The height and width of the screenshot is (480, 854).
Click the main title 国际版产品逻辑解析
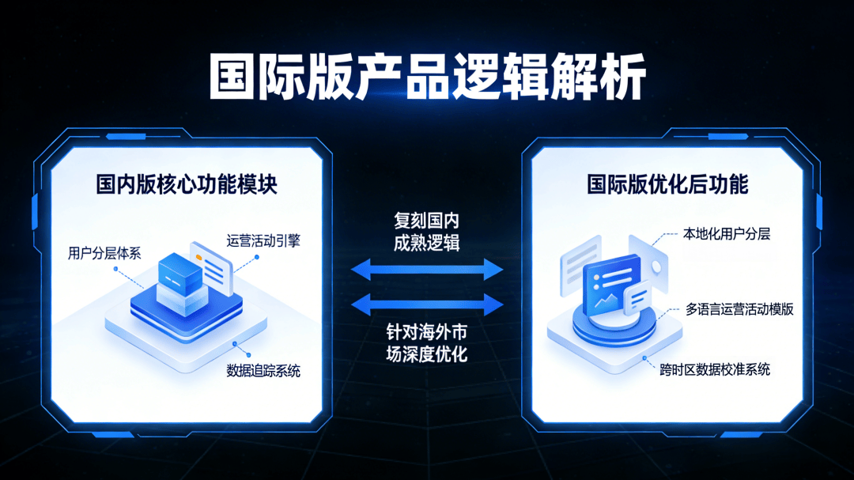click(428, 77)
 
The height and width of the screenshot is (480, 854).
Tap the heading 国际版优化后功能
click(667, 186)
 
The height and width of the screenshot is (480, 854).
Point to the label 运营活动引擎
click(263, 241)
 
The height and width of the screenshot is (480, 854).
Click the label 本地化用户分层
click(727, 234)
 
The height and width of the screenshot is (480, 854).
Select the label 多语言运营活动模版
click(740, 309)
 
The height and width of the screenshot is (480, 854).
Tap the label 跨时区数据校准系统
click(716, 369)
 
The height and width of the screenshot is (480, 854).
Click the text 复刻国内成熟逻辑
click(427, 231)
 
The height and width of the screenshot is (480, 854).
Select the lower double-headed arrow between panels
click(427, 304)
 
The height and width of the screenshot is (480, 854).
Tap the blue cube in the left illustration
click(181, 272)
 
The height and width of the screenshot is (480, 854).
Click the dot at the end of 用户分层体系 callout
click(116, 269)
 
